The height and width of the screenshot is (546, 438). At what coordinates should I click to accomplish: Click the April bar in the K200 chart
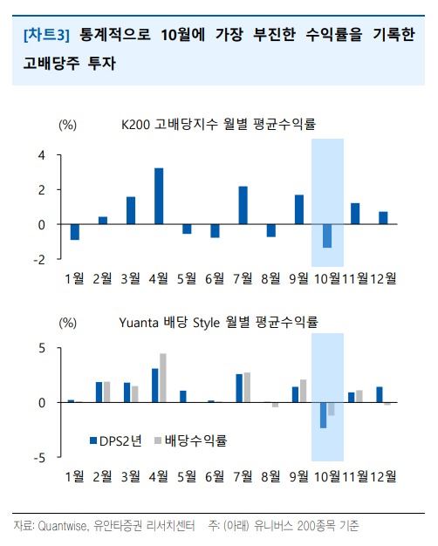pos(159,196)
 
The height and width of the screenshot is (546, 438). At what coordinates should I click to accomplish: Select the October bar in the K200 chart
pos(327,235)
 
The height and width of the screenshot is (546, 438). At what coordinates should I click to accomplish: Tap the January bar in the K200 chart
pos(74,232)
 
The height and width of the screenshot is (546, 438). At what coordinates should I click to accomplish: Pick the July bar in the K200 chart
pos(243,206)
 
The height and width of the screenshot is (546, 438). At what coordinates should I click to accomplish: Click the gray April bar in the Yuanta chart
pos(163,379)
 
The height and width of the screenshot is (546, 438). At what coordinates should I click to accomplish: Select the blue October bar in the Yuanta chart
pos(324,415)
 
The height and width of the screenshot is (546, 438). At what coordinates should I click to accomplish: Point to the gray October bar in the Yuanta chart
pos(331,409)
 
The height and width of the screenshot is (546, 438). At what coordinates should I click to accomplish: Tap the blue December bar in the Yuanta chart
pos(380,394)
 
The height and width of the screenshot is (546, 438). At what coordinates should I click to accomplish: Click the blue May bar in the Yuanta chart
pos(183,397)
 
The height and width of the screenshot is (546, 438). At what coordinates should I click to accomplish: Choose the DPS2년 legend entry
pos(116,440)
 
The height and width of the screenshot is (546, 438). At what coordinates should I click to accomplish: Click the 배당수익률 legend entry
pos(190,440)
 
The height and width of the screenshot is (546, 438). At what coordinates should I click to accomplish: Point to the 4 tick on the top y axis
pos(42,155)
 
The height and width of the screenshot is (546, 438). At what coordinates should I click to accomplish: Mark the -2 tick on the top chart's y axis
pos(39,259)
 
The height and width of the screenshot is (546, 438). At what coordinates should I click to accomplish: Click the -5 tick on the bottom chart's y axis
pos(39,458)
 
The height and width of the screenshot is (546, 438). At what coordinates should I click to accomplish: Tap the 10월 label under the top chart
pos(327,278)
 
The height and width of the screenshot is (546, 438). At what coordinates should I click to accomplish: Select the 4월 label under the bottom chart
pos(159,476)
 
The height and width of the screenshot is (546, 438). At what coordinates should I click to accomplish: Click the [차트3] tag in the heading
pos(47,35)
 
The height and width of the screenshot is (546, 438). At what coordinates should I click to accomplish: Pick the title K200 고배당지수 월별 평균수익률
pos(218,124)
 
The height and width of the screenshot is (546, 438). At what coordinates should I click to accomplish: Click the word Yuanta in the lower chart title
pos(139,323)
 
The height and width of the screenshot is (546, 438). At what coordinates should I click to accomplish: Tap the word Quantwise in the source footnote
pos(62,525)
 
